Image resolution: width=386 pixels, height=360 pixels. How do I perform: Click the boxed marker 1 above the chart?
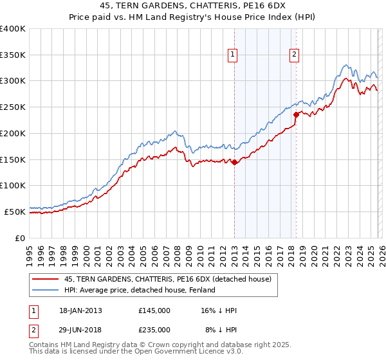point(232,55)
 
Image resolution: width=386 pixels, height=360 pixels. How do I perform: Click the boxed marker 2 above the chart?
point(294,55)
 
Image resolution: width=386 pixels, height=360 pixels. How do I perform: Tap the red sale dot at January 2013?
point(234,163)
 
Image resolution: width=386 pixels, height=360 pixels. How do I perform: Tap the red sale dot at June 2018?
point(296,116)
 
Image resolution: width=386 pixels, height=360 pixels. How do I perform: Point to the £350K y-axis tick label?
point(12,55)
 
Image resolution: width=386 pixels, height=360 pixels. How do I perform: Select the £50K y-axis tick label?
point(14,211)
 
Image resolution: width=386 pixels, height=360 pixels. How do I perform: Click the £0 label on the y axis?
point(19,237)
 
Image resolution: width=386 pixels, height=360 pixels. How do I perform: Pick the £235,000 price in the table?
point(154,329)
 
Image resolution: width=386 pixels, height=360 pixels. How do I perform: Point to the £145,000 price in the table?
point(154,310)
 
